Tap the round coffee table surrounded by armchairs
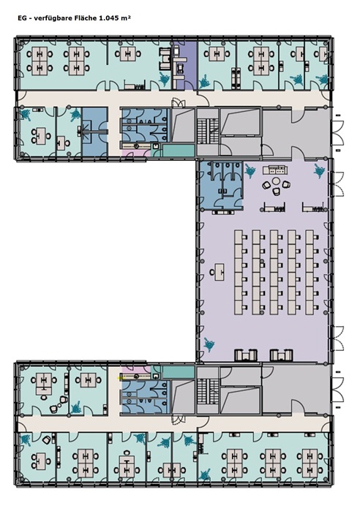click(x=276, y=181)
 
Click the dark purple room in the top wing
click(x=184, y=65)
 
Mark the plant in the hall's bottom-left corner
click(x=209, y=344)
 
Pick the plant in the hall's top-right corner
click(x=320, y=171)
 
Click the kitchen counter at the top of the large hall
click(x=276, y=170)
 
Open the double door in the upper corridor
click(x=179, y=103)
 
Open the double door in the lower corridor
click(x=179, y=420)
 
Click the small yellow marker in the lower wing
click(x=119, y=378)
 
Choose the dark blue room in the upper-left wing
click(x=94, y=132)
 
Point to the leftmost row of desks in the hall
click(x=241, y=272)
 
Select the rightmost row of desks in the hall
click(x=312, y=272)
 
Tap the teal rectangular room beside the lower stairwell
click(x=179, y=372)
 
